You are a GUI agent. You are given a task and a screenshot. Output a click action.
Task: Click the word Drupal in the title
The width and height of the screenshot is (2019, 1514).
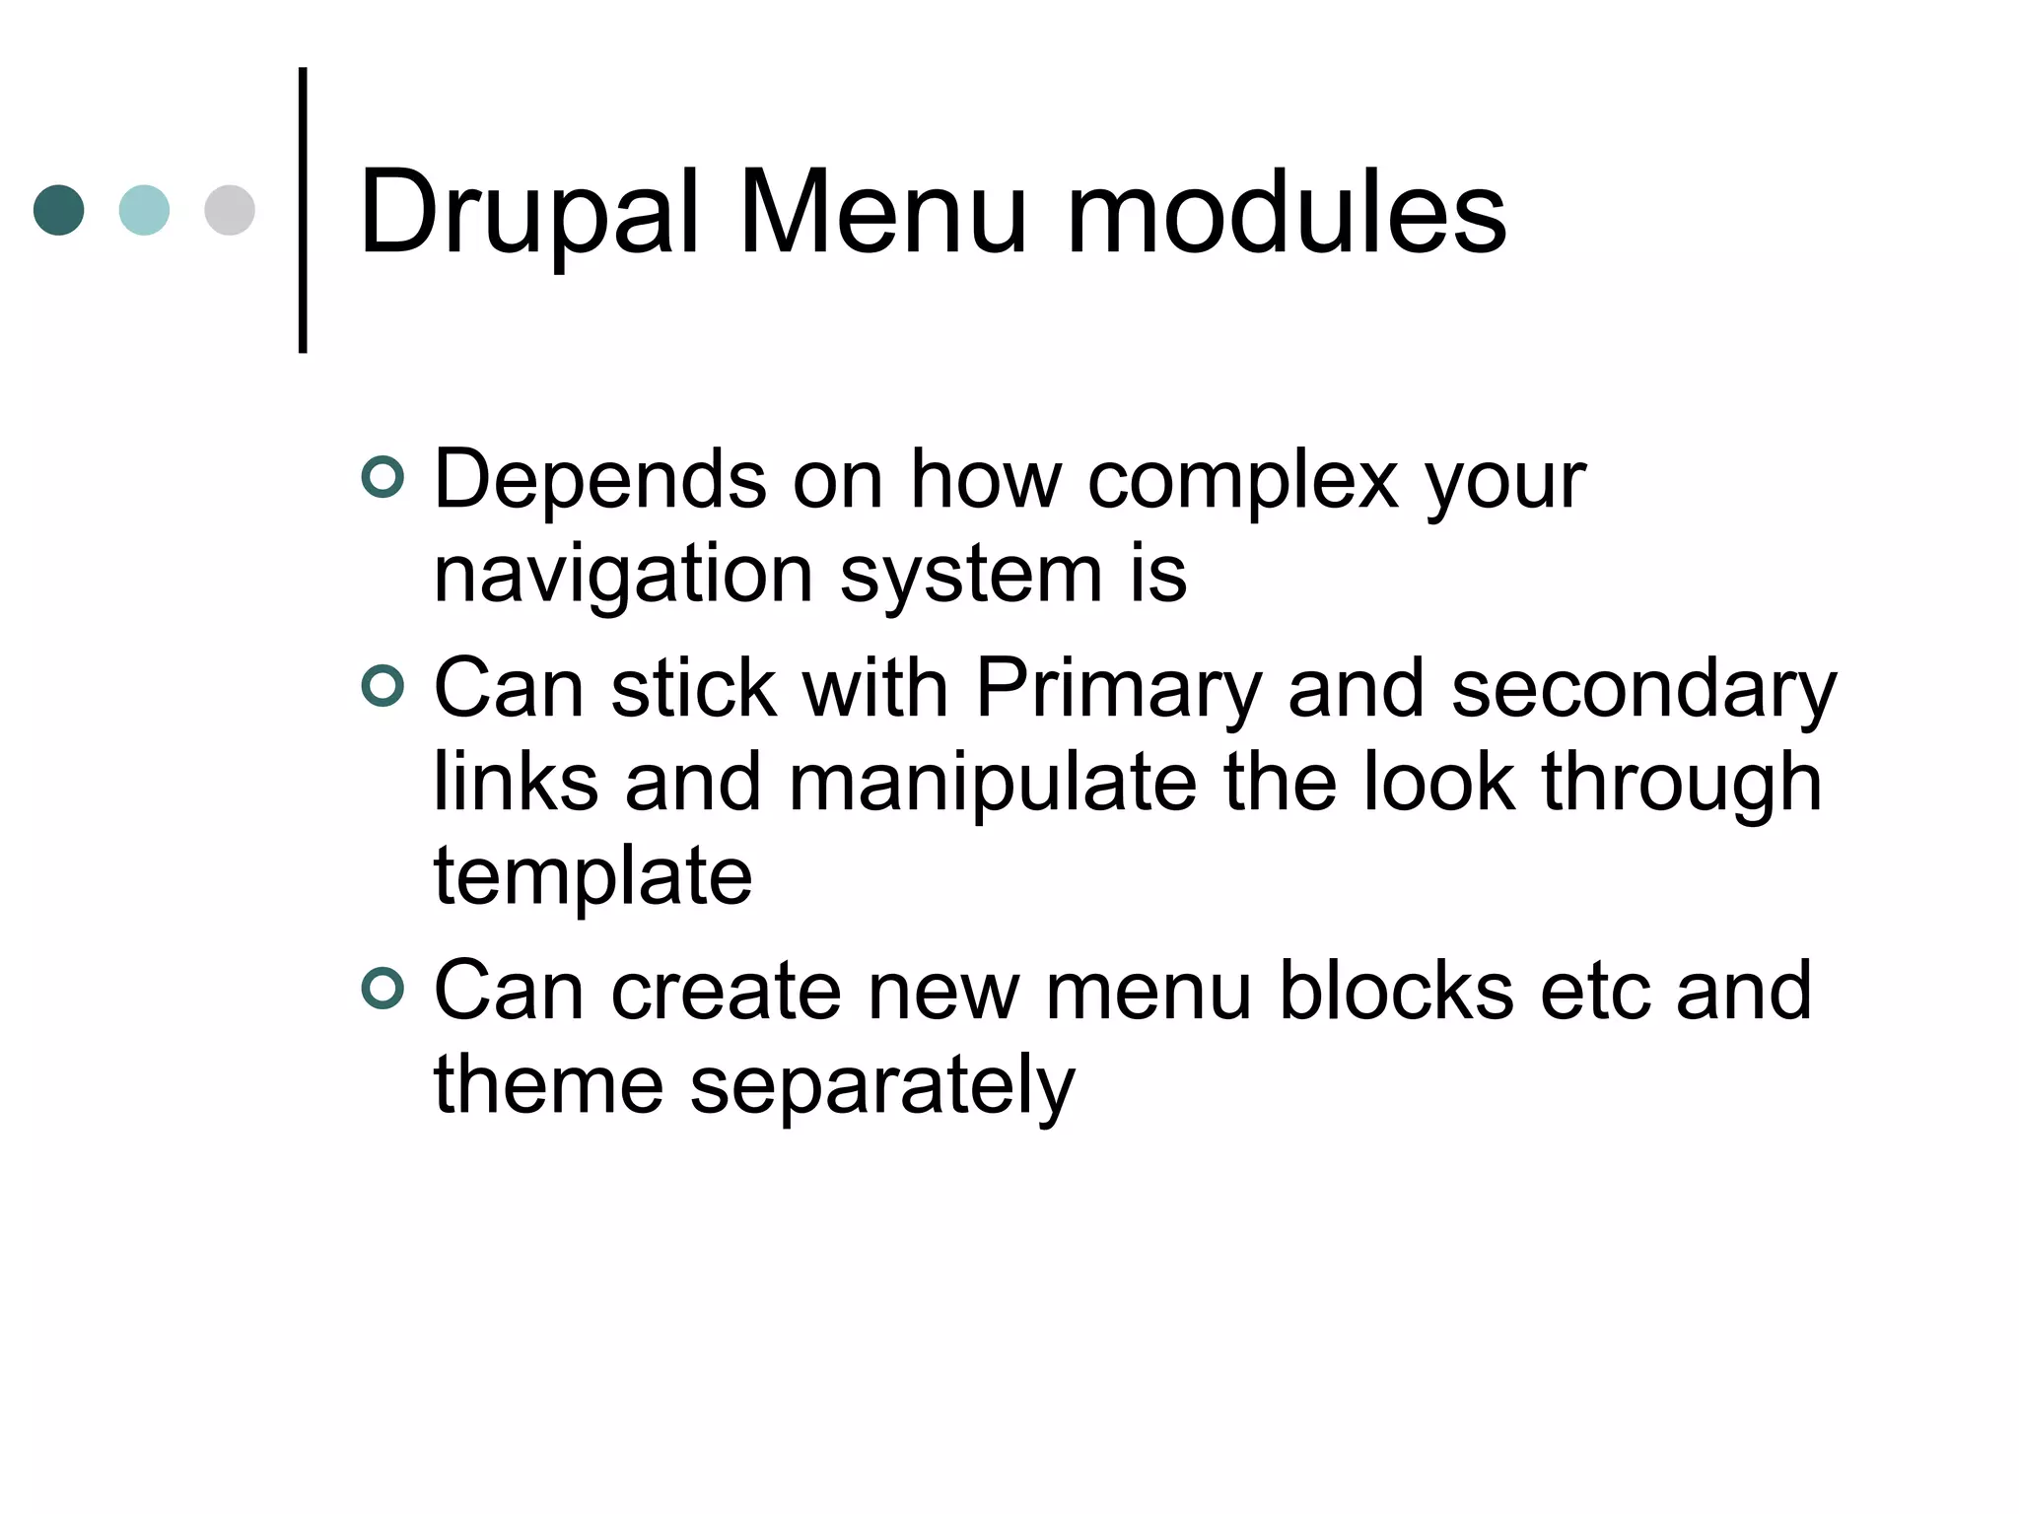click(x=529, y=212)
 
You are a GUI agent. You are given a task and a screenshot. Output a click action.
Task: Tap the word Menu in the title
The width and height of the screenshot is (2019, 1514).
click(x=882, y=212)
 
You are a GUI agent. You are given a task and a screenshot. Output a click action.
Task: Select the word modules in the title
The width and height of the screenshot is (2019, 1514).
click(x=1287, y=212)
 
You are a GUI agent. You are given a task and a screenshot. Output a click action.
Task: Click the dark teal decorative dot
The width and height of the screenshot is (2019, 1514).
click(x=59, y=210)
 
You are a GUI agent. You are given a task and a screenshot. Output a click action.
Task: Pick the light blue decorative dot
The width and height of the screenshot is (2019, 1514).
click(x=144, y=210)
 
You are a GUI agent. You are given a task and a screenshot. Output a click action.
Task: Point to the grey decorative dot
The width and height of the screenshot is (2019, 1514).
click(x=230, y=210)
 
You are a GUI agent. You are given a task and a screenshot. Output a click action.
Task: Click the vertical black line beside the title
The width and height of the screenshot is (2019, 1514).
click(x=303, y=210)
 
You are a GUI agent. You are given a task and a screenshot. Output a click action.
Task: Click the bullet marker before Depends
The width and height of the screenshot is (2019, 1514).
click(x=383, y=478)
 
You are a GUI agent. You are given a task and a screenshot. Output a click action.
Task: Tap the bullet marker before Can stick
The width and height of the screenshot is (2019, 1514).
click(x=383, y=687)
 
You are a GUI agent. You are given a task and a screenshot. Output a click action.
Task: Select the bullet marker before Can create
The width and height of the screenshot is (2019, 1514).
click(x=383, y=989)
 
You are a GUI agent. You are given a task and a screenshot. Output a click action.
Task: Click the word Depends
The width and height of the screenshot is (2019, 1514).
click(x=599, y=480)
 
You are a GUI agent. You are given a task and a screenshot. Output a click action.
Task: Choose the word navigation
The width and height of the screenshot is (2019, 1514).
click(x=623, y=577)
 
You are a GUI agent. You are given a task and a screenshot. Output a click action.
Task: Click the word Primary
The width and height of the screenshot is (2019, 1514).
click(x=1119, y=690)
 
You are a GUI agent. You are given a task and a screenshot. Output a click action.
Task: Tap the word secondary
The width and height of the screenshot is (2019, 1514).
click(x=1643, y=690)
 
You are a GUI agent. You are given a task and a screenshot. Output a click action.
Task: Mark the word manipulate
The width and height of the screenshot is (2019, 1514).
click(x=993, y=784)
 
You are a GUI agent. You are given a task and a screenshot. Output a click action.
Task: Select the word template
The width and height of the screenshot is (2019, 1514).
click(x=592, y=877)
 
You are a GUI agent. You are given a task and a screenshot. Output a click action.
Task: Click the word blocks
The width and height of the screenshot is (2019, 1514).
click(x=1395, y=991)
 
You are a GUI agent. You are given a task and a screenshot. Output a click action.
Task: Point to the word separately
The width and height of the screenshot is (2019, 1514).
click(x=881, y=1086)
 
